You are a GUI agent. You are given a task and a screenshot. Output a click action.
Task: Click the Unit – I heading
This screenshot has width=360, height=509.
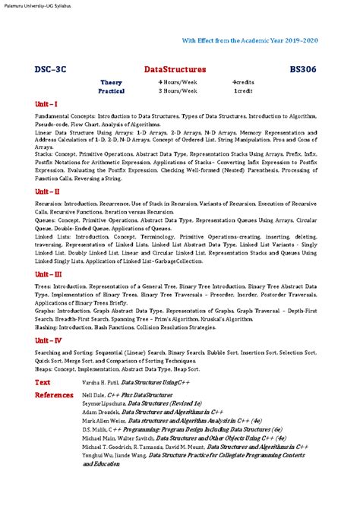pos(46,103)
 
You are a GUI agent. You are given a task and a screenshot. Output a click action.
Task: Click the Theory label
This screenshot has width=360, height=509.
pos(111,81)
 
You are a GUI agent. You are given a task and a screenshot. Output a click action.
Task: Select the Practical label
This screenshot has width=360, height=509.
pos(112,90)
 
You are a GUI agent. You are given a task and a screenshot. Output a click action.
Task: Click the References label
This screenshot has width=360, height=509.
pos(54,395)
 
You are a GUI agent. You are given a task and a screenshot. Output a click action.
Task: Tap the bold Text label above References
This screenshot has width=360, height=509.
pos(43,383)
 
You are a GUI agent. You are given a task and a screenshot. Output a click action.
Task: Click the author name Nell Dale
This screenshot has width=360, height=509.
pos(93,395)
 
